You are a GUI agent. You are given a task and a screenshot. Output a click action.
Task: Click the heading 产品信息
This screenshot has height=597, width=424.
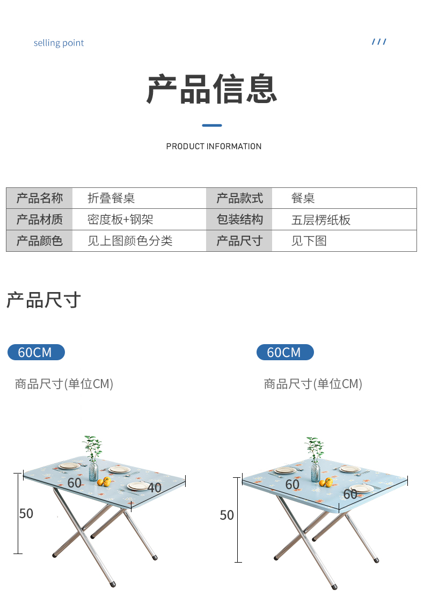point(212,89)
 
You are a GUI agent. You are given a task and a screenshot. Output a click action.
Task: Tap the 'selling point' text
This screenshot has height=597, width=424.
point(59,43)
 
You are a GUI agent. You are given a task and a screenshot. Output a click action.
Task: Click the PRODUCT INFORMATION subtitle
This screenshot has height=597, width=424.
point(214,146)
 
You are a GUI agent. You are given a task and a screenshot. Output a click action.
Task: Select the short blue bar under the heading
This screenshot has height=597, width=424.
point(212,125)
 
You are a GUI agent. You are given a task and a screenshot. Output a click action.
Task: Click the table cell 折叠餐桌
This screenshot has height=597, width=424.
point(111,198)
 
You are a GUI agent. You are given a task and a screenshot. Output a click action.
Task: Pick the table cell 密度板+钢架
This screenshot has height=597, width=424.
point(120,220)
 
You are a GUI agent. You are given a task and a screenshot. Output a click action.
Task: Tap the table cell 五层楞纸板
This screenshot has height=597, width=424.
point(320,220)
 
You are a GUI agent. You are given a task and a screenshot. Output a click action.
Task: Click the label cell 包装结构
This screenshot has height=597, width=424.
point(239,220)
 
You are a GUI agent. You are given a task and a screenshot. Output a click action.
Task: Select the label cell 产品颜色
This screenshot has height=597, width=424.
point(39,241)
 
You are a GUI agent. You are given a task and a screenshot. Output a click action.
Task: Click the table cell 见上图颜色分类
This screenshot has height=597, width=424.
point(130,241)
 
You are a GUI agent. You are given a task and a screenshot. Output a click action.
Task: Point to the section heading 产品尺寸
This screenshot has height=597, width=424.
point(43,300)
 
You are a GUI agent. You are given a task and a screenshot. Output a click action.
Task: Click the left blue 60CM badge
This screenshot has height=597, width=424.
point(35,352)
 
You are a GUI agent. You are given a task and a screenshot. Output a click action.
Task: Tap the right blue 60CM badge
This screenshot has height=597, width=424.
point(284,352)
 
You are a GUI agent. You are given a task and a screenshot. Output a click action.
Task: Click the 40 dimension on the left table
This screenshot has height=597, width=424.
point(155,487)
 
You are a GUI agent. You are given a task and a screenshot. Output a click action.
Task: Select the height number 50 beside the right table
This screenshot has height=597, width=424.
point(226,515)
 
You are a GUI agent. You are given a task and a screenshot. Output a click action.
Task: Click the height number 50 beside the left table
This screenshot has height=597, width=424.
point(26,513)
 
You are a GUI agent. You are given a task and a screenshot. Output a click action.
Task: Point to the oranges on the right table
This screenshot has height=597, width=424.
point(325,482)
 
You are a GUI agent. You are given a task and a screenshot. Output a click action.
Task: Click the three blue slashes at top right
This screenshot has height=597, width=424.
point(379,42)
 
